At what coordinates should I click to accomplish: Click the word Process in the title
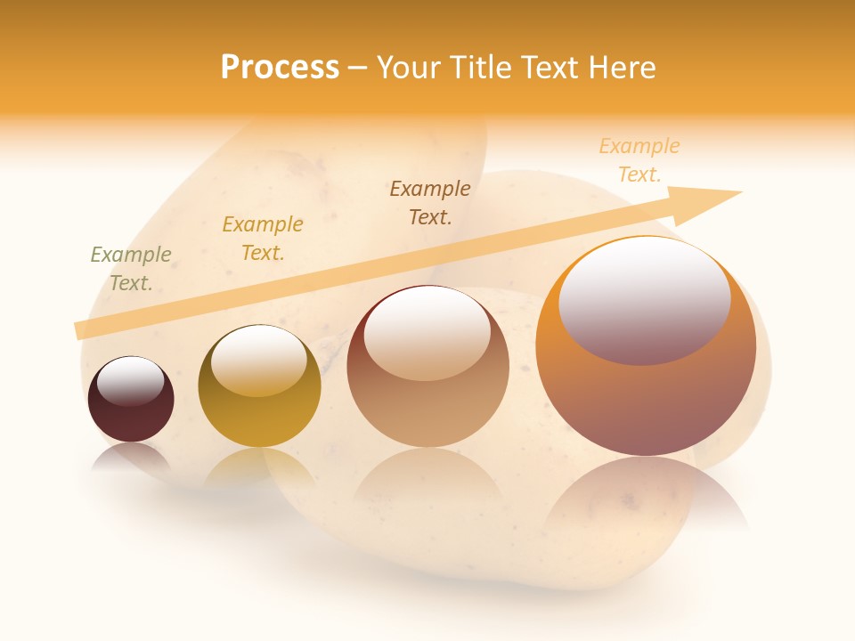click(280, 68)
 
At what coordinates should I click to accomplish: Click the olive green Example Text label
click(131, 268)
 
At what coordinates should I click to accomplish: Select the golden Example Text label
click(263, 238)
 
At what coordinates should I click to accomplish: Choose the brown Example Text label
click(430, 202)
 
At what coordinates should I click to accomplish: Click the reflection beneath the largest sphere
click(646, 499)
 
